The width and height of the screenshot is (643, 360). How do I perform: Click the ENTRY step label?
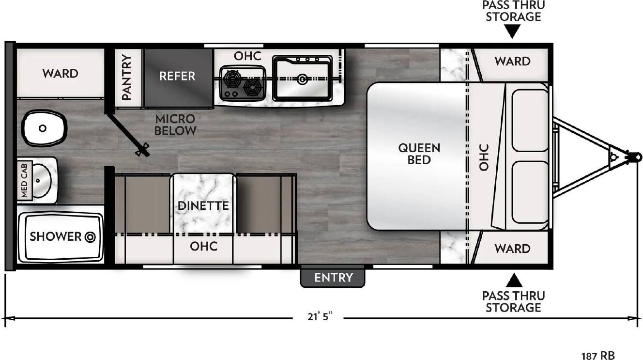coord(333,278)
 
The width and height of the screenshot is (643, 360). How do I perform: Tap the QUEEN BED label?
coord(419,154)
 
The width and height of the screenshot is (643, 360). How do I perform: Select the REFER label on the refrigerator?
coord(177,76)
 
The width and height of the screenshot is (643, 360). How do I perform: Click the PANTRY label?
coord(126,77)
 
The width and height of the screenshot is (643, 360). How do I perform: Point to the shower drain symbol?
coord(90,237)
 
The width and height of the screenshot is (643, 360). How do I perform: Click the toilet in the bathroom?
coord(45,128)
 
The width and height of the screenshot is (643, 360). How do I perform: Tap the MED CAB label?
coord(25,180)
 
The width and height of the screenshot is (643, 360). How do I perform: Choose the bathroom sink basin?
coord(42,181)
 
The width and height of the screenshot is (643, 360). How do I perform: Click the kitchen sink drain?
coord(302,78)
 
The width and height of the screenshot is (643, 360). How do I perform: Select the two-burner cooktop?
coord(243,83)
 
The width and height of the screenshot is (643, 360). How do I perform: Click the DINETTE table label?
coord(203,206)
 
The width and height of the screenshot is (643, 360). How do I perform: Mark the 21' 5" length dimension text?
coord(320,316)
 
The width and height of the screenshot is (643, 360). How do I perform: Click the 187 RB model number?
coord(598,356)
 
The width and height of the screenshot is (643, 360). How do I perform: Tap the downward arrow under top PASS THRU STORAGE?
coord(512,31)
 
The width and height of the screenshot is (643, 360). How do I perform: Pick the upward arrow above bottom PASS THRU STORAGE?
coord(514,281)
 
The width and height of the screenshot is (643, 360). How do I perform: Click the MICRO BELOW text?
coord(175,125)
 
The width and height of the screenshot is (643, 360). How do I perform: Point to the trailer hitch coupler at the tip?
coord(635,157)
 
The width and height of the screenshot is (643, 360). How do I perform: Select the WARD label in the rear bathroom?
coord(60,74)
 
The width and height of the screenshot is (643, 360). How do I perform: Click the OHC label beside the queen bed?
coord(484,157)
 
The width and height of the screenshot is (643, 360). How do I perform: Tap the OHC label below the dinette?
coord(203,246)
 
